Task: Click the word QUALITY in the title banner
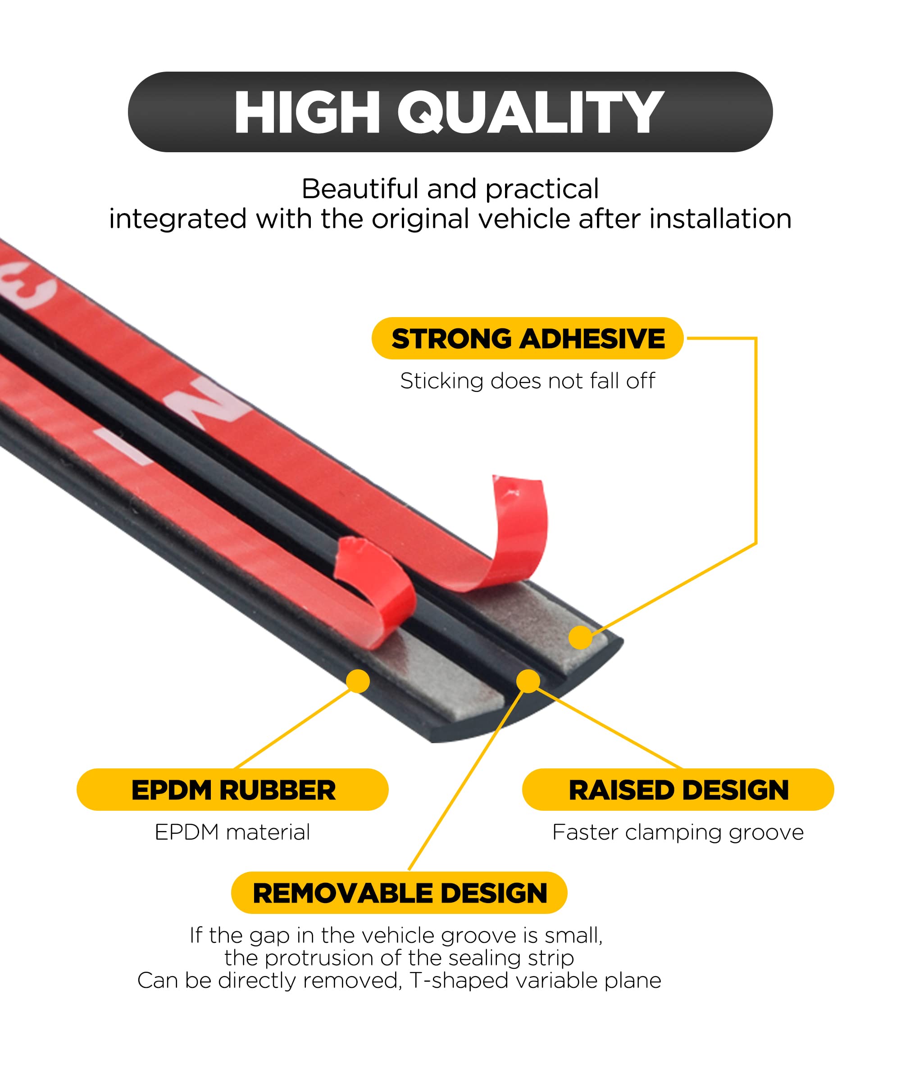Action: tap(530, 112)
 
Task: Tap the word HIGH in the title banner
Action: tap(307, 112)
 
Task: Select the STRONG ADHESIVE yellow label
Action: tap(528, 339)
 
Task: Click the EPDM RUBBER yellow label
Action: tap(233, 790)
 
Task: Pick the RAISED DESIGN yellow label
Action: tap(678, 790)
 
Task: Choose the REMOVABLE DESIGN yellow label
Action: tap(400, 893)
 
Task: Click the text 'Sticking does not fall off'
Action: tap(528, 382)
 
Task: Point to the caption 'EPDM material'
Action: tap(233, 832)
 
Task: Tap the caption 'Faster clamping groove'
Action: tap(678, 832)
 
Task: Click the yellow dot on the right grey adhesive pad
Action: tap(580, 637)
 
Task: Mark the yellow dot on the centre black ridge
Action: tap(528, 681)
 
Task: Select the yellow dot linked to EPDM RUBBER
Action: tap(358, 681)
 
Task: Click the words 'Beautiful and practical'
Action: tap(450, 189)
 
